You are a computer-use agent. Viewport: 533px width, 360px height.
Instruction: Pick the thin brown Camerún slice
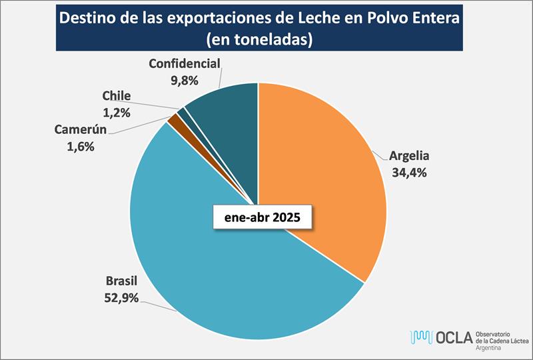[x=174, y=120]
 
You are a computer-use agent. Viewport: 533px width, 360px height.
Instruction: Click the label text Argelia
[x=408, y=157]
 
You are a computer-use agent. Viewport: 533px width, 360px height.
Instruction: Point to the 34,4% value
[x=408, y=172]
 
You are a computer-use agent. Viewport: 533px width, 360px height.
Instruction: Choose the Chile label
[x=117, y=96]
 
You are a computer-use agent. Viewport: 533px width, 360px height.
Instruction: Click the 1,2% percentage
[x=117, y=111]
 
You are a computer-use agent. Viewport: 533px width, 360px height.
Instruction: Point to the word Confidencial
[x=185, y=64]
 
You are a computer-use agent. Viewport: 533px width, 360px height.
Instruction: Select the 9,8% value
[x=185, y=79]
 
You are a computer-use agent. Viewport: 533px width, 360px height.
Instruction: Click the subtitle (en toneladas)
[x=260, y=39]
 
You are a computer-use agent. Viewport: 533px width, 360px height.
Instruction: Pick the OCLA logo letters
[x=455, y=337]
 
